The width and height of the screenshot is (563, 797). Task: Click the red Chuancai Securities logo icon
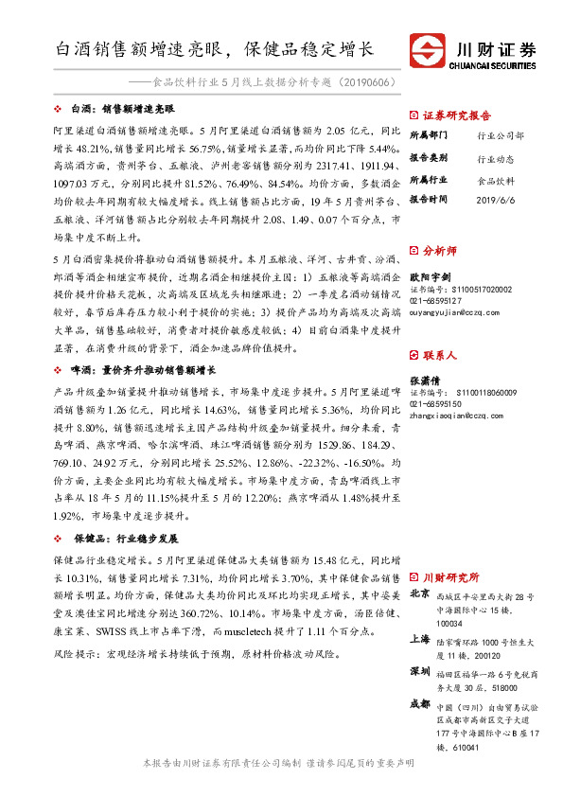(x=428, y=49)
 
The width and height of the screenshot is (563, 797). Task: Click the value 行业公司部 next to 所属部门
(x=501, y=135)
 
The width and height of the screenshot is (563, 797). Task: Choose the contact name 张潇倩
(x=426, y=381)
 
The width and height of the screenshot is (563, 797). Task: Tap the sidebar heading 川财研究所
(x=450, y=576)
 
